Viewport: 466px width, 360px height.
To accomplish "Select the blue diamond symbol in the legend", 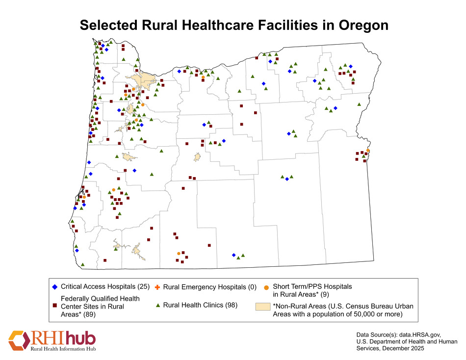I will [x=55, y=286].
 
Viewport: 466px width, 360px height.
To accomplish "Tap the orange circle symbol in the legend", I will [x=266, y=286].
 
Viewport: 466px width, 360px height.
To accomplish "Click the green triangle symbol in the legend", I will [x=158, y=306].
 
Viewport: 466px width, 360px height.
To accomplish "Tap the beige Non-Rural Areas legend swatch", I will [x=263, y=307].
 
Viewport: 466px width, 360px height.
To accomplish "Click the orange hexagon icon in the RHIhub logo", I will [x=18, y=339].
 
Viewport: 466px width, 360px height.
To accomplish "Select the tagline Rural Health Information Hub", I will [x=63, y=349].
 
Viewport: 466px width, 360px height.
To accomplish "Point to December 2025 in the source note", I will [x=404, y=348].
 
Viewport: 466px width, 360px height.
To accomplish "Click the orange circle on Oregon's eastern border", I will [x=368, y=151].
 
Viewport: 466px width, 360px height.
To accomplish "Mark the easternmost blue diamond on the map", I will [x=351, y=66].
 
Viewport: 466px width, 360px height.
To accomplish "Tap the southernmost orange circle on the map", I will [x=179, y=254].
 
